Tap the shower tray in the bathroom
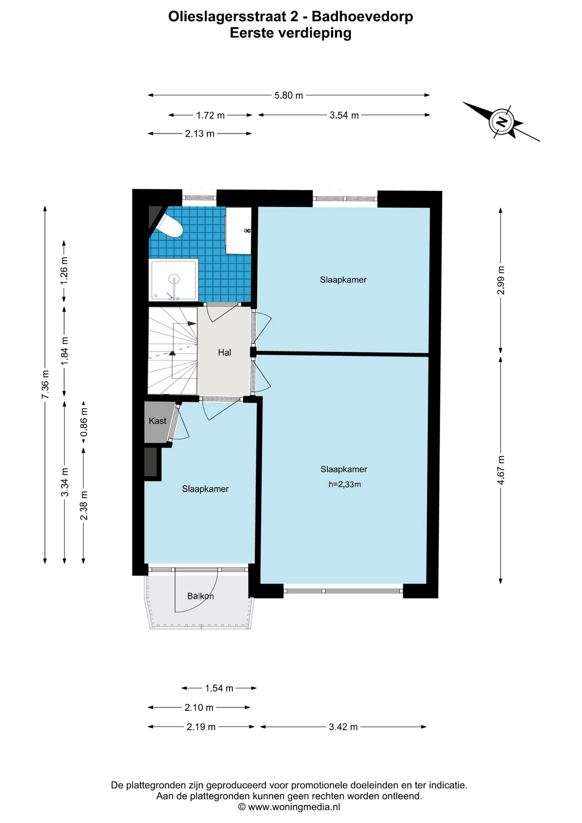[174, 279]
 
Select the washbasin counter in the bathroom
[238, 231]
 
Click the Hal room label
[225, 352]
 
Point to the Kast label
[157, 421]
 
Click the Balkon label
[201, 596]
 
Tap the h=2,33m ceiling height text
[345, 484]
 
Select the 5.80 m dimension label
[289, 95]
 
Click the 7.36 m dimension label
[45, 384]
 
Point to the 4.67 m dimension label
[501, 470]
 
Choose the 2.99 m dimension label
[501, 280]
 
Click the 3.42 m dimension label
[343, 727]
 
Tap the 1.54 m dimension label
[219, 688]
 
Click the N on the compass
[501, 122]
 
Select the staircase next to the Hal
[173, 351]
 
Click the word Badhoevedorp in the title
[362, 16]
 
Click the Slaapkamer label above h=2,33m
[344, 469]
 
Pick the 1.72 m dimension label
[210, 115]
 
